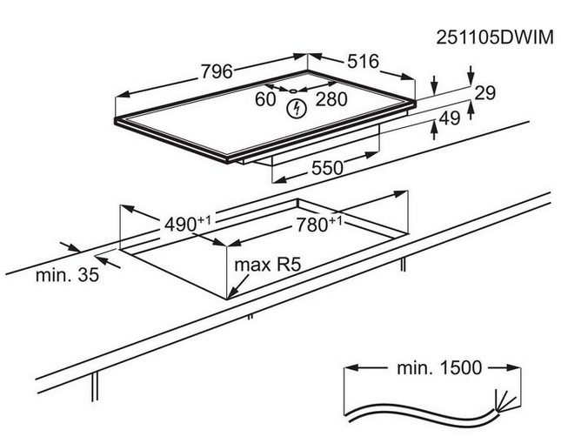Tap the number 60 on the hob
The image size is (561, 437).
click(265, 98)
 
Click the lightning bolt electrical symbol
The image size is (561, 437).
click(297, 109)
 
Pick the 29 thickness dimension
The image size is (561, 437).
click(486, 92)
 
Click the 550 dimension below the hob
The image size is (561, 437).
click(327, 167)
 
